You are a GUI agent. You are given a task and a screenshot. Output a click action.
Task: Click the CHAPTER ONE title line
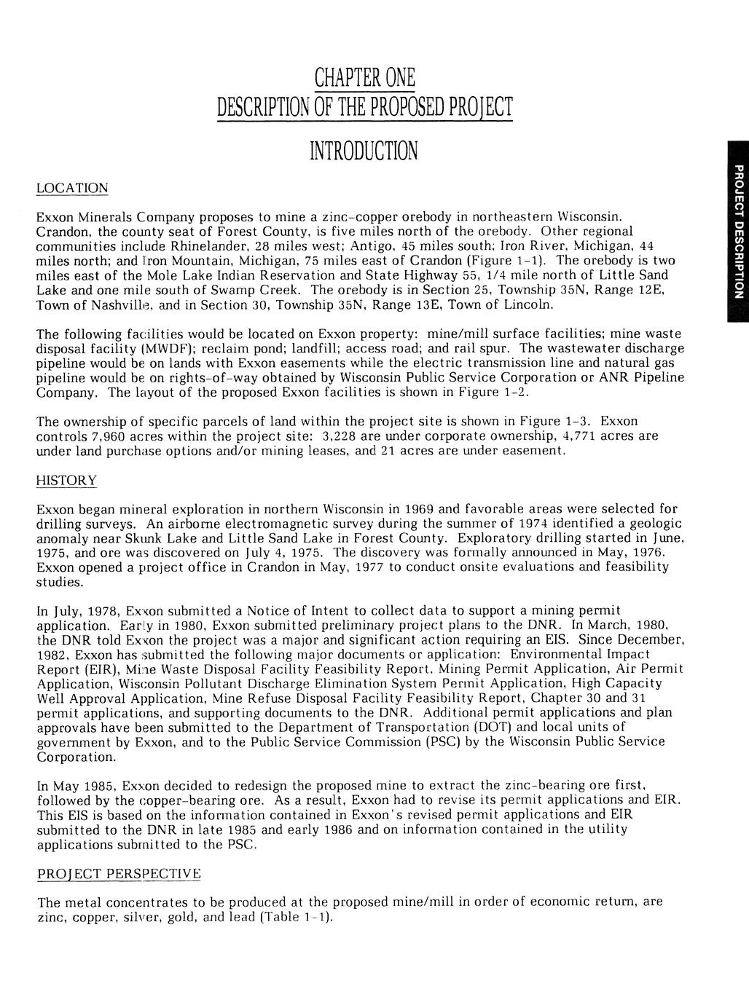pos(364,77)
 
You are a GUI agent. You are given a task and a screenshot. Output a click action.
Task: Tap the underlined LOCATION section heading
pos(72,189)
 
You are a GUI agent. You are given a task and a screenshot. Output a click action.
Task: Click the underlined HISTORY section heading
pos(66,481)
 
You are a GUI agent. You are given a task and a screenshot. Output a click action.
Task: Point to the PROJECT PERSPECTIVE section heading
pos(119,873)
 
